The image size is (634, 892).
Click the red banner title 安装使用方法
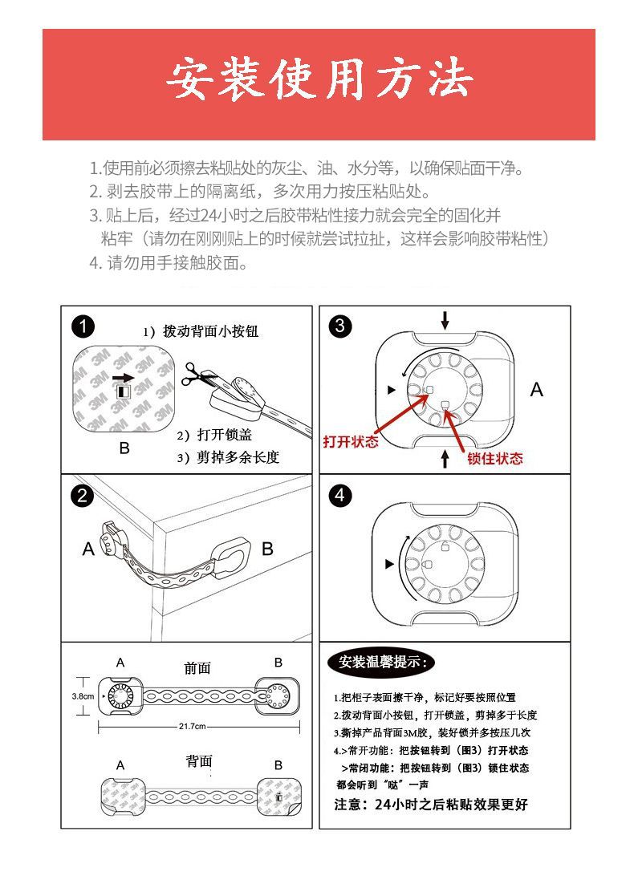[319, 80]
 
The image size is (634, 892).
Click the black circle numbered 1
[83, 326]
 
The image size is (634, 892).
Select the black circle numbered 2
[83, 495]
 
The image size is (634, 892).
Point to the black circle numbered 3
[340, 326]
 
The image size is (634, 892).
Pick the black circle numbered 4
[340, 495]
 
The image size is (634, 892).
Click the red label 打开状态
[350, 443]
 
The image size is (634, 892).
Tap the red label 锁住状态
[494, 459]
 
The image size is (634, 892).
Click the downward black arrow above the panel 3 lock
[445, 320]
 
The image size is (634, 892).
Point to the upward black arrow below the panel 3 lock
[445, 458]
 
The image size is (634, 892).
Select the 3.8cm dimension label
[83, 695]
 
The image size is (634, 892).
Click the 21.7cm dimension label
[193, 727]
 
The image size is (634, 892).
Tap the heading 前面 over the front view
[197, 667]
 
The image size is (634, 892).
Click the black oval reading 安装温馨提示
[382, 662]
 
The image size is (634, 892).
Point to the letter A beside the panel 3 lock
[537, 390]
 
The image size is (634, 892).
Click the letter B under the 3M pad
[124, 448]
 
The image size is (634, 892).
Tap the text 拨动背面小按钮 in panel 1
[211, 331]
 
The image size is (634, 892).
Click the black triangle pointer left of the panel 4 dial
[390, 564]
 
